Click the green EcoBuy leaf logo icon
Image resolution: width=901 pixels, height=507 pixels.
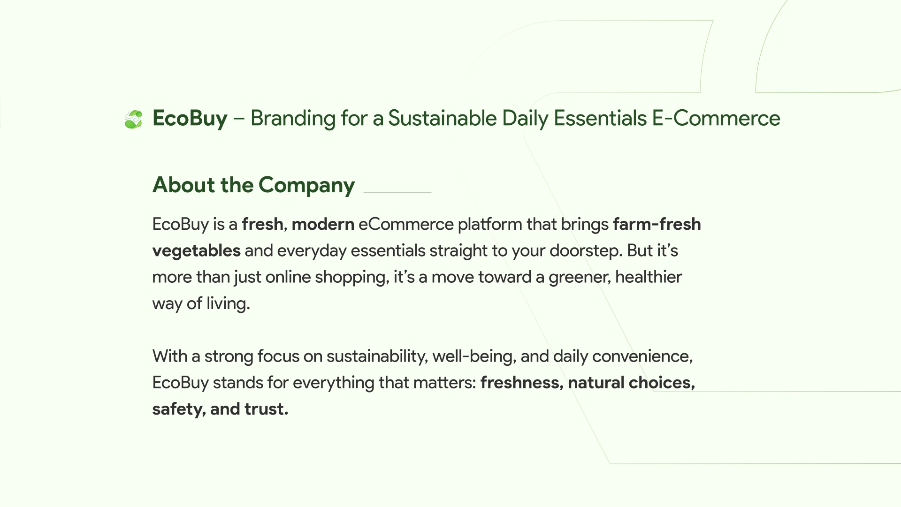133,119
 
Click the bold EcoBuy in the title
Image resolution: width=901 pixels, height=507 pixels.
190,118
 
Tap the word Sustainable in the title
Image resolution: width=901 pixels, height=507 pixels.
442,118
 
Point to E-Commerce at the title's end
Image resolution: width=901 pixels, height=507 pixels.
716,118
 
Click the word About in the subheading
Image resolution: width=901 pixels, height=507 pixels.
184,185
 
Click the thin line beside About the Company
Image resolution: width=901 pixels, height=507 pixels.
397,192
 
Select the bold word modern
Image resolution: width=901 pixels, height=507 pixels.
323,224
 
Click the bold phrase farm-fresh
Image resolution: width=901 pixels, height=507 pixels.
657,224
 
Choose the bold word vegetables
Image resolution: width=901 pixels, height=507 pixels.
197,251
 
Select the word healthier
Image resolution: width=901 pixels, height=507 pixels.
649,277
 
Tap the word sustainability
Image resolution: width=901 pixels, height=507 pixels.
377,356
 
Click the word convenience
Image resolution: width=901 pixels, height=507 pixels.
642,356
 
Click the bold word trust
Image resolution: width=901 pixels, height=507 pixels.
266,409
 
